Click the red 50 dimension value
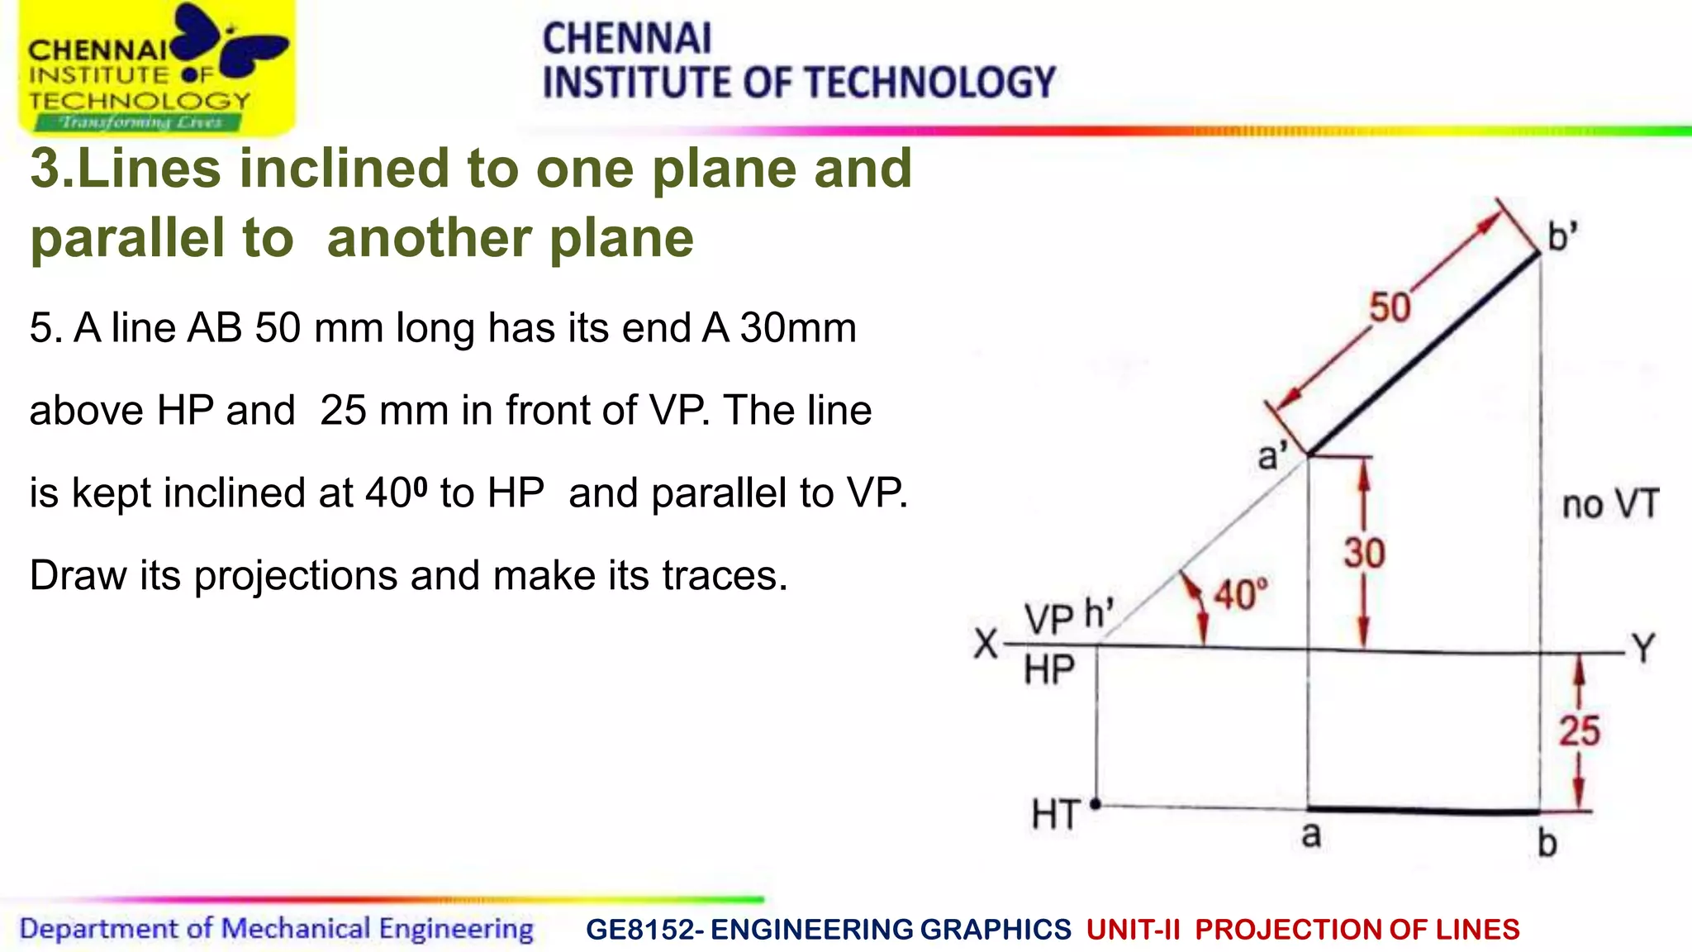[x=1390, y=307]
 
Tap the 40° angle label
[x=1240, y=595]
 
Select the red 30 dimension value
[x=1364, y=554]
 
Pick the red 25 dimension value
[x=1579, y=731]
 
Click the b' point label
[x=1562, y=237]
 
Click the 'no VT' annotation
[x=1610, y=504]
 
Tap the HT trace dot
[x=1096, y=803]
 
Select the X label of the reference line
[x=986, y=644]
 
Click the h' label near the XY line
[x=1099, y=614]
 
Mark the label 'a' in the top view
[x=1311, y=835]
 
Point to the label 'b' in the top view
[x=1547, y=843]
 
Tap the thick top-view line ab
[x=1423, y=810]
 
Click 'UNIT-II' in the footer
[x=1133, y=930]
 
